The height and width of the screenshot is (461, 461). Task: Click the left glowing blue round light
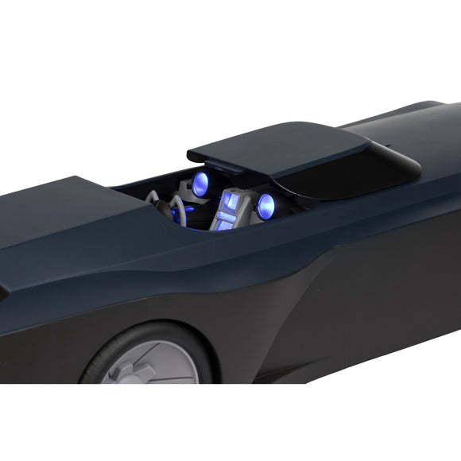200,184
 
